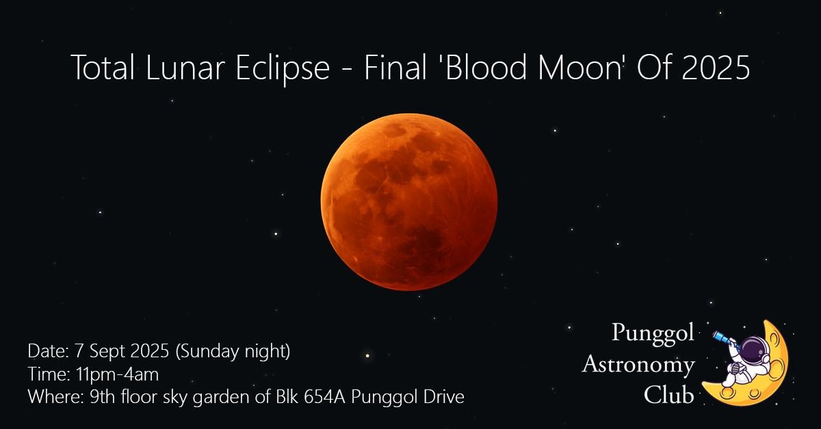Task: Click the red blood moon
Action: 409,202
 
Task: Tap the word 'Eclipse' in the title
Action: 282,68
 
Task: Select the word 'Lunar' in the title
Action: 185,68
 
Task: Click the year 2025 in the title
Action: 716,68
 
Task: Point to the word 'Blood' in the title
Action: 486,68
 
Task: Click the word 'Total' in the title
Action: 103,68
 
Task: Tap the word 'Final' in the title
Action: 395,68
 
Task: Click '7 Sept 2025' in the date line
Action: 122,350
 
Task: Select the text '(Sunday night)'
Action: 233,351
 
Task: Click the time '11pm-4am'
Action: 117,374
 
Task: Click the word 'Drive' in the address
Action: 444,397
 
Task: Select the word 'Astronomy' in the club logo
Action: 638,365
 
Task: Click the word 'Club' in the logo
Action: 669,395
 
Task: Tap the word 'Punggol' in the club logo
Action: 653,334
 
